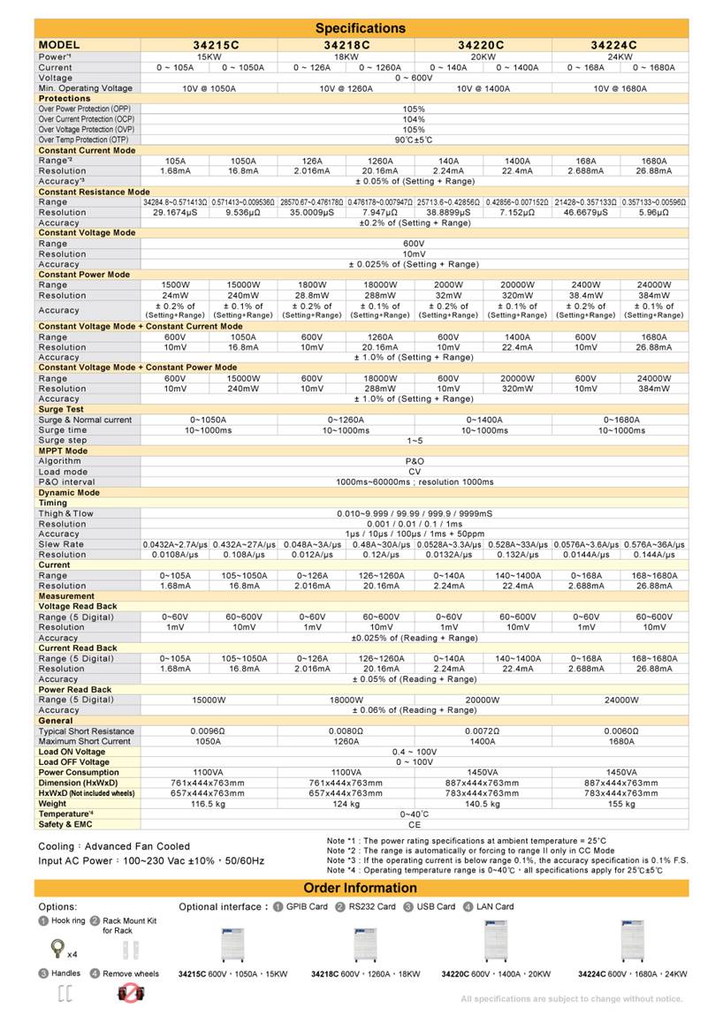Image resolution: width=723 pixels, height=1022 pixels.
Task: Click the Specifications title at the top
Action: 361,28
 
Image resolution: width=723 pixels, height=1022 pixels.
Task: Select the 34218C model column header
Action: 346,45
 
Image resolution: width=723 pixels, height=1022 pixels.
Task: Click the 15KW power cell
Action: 209,57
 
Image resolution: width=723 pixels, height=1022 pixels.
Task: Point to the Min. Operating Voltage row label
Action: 86,88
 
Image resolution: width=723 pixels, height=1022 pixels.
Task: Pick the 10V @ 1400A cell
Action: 483,88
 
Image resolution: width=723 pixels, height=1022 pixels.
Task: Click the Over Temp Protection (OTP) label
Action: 83,140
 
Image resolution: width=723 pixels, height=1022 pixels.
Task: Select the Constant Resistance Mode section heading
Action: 94,192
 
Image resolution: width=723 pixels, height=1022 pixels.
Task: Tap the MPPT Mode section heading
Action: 63,450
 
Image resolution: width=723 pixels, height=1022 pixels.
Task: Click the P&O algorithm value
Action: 415,461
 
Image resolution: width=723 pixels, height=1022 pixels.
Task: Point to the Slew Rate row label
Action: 61,544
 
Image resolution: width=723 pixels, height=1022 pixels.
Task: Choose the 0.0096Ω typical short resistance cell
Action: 209,731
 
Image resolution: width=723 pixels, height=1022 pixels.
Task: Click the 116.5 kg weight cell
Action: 209,804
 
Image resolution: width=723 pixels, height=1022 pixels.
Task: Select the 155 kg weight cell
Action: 620,804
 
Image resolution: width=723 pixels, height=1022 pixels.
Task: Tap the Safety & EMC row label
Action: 65,824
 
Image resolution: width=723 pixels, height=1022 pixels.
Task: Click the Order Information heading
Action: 361,888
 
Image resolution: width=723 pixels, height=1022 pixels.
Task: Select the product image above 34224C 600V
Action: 633,942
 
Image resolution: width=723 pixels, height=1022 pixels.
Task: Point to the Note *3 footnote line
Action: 506,859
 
